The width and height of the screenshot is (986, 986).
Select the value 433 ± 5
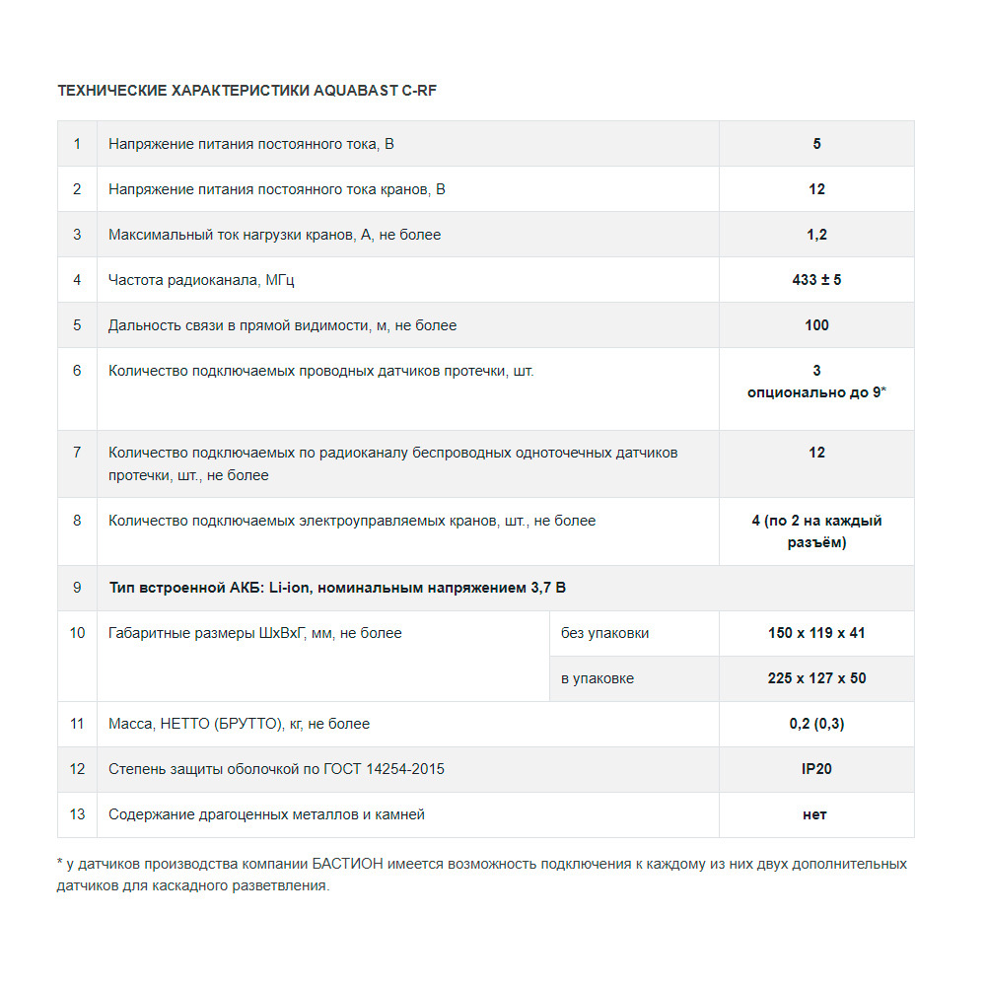[816, 280]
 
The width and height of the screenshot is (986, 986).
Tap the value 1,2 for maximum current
[816, 235]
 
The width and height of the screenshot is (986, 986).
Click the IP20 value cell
[816, 769]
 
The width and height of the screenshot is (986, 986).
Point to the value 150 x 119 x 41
[816, 633]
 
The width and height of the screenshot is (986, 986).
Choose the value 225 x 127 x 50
[816, 678]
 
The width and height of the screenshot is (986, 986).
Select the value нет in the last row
[815, 814]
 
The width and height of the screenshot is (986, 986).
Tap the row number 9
[77, 588]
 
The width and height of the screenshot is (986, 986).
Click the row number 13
[77, 814]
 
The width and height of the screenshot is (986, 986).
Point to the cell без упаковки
[605, 633]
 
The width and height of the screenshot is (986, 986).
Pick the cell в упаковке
[598, 678]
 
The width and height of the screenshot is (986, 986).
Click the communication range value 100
[816, 325]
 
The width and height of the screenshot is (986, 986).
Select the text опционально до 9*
[816, 392]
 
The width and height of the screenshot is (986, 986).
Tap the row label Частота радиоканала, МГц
[201, 280]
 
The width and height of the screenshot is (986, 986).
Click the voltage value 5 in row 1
[816, 144]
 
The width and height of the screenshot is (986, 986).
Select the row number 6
[77, 371]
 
